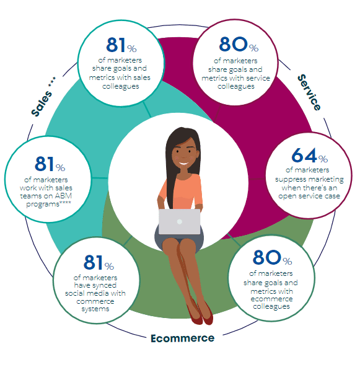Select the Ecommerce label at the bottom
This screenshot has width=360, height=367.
click(182, 338)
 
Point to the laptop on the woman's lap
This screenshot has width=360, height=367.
click(180, 220)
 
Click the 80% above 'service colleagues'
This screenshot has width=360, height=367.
click(239, 45)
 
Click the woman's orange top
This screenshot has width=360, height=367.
click(183, 188)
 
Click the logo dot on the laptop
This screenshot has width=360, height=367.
click(180, 221)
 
